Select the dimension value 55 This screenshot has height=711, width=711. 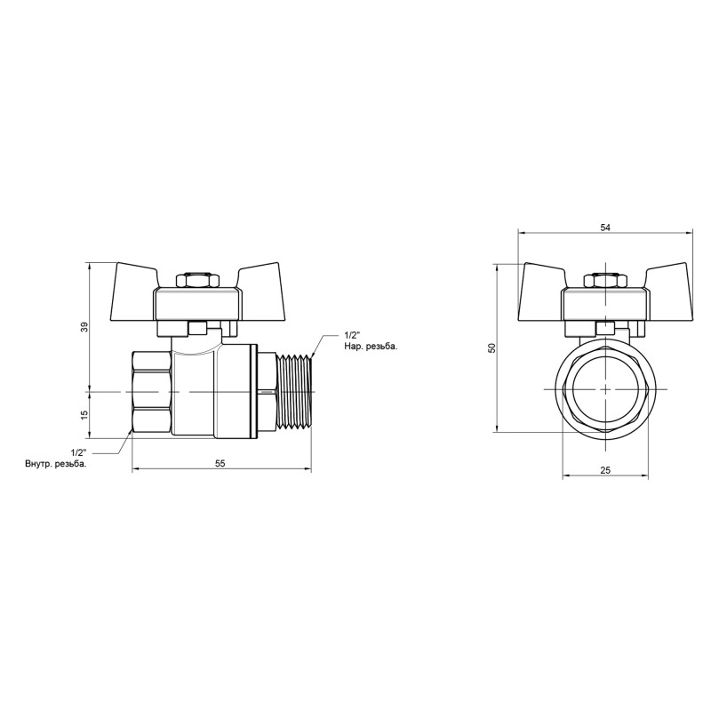(x=221, y=463)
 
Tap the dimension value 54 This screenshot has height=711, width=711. (x=605, y=228)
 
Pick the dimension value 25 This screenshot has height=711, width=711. (x=605, y=470)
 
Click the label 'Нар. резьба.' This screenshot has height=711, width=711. (x=371, y=347)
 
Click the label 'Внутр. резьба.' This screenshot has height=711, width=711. (x=56, y=464)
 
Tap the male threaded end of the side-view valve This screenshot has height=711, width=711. (x=295, y=391)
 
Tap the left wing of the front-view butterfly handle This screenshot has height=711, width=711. (x=542, y=290)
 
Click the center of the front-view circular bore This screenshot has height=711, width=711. (x=605, y=391)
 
